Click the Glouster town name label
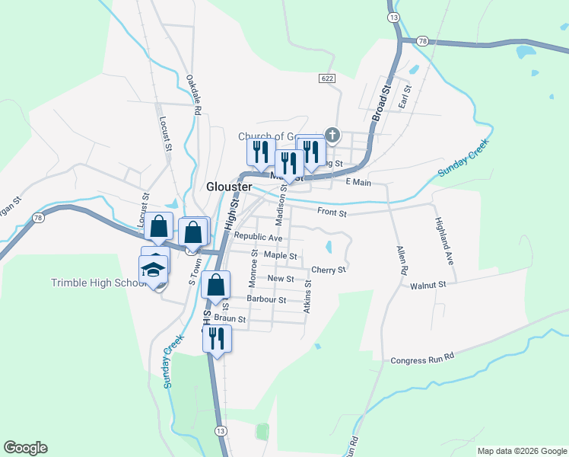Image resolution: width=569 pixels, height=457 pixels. (x=229, y=187)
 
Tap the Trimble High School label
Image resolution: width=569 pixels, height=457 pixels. (x=97, y=283)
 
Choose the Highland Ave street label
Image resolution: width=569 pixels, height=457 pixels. (x=444, y=241)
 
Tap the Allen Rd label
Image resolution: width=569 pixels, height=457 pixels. (x=401, y=260)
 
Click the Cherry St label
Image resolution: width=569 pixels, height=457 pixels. (x=329, y=270)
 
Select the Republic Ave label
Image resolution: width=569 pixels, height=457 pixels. (x=258, y=238)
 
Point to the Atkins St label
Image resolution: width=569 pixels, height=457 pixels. (x=307, y=296)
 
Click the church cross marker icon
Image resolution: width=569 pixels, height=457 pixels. (x=332, y=136)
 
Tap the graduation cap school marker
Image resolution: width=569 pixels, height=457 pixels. (x=152, y=270)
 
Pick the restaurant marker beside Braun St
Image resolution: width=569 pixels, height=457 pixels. (x=217, y=337)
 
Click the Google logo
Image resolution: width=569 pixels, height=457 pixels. (x=25, y=448)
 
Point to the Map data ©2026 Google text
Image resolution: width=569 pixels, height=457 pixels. (x=521, y=451)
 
